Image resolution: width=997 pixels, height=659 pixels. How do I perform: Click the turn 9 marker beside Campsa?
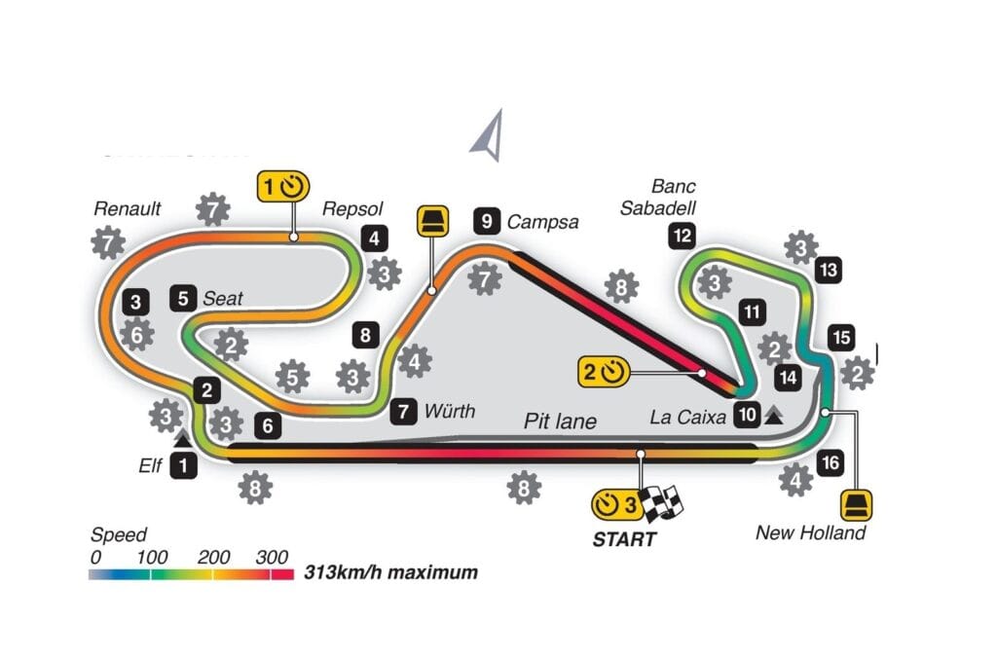click(x=487, y=221)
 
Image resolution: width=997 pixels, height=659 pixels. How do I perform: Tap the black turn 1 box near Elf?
click(x=184, y=466)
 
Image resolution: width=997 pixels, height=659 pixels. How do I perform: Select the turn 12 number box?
click(x=683, y=236)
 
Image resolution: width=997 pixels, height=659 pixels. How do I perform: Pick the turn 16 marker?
click(x=831, y=462)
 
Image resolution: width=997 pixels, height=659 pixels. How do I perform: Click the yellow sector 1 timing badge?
click(x=283, y=187)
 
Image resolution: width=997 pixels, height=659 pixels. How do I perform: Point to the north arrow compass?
click(x=488, y=134)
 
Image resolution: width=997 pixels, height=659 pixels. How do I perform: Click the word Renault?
click(x=128, y=208)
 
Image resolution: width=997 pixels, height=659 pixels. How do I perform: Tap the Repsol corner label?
click(x=352, y=208)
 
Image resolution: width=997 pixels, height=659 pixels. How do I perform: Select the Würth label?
click(x=450, y=411)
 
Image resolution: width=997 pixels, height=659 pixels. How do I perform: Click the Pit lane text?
click(x=560, y=421)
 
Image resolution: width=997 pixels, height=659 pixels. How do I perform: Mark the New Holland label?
click(x=811, y=532)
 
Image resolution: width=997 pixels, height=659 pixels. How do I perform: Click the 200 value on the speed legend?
click(x=213, y=558)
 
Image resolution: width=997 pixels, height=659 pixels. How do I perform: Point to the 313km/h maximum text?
click(x=391, y=572)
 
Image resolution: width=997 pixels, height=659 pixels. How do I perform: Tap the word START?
click(x=624, y=539)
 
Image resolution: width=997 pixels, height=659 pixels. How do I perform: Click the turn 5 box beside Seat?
click(x=183, y=298)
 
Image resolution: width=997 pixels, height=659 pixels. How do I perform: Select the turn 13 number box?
click(x=829, y=270)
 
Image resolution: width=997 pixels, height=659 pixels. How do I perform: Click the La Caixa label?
click(x=688, y=417)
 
